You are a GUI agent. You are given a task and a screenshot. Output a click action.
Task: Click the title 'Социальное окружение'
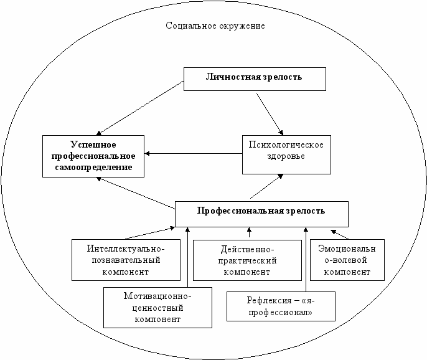pos(215,26)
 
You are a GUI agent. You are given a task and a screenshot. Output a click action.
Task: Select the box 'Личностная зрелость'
pos(254,78)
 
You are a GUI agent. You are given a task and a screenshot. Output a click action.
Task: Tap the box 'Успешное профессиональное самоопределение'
pos(92,155)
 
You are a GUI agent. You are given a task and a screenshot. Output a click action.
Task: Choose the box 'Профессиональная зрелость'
pos(261,214)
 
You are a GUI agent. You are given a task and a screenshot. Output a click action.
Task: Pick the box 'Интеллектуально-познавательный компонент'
pos(126,259)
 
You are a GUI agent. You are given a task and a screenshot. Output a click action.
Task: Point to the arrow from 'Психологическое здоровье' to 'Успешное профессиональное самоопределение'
pos(193,153)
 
